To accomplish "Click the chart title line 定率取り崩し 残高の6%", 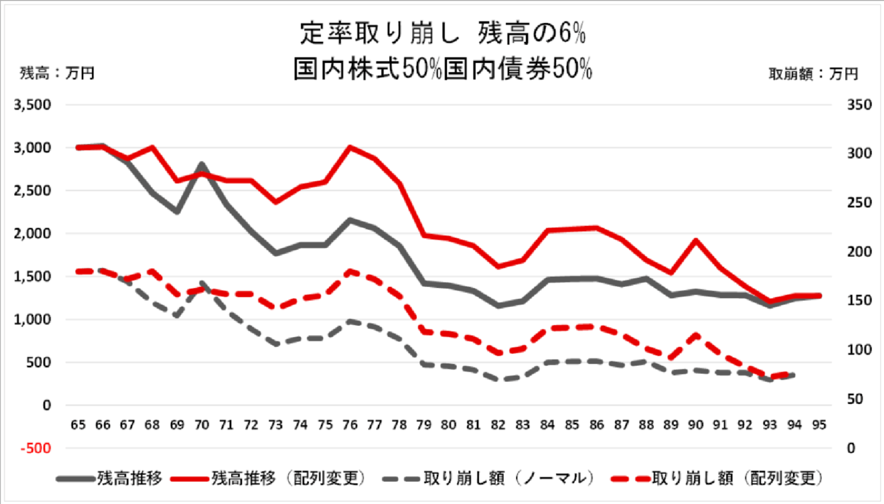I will [443, 33].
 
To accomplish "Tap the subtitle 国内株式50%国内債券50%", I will [443, 69].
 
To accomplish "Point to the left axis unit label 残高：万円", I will [57, 73].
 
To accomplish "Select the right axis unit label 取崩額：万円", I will [813, 74].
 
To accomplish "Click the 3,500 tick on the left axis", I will [33, 105].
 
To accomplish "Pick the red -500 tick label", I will [36, 448].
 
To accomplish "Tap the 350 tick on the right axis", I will [859, 105].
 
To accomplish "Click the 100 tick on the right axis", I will [859, 350].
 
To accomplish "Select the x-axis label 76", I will [350, 425].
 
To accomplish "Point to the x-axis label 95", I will [819, 425].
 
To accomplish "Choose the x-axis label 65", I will [78, 425].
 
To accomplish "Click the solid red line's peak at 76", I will [350, 147].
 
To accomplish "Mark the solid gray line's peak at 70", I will [202, 164].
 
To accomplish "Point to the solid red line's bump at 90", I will [696, 240].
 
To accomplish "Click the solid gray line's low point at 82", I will [498, 306].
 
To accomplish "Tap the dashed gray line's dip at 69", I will [177, 315].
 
